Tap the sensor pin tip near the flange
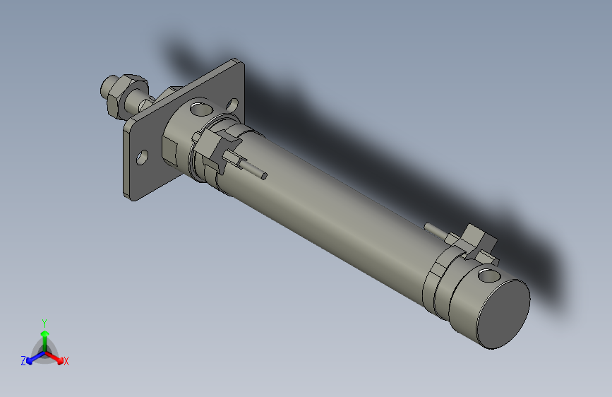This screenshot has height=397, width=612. tap(263, 174)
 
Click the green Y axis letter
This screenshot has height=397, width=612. tap(44, 322)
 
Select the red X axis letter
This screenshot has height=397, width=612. tap(66, 362)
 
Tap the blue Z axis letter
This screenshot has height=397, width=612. tap(23, 361)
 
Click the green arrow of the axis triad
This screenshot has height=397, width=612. tap(44, 335)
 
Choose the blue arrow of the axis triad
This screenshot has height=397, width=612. tap(32, 358)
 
